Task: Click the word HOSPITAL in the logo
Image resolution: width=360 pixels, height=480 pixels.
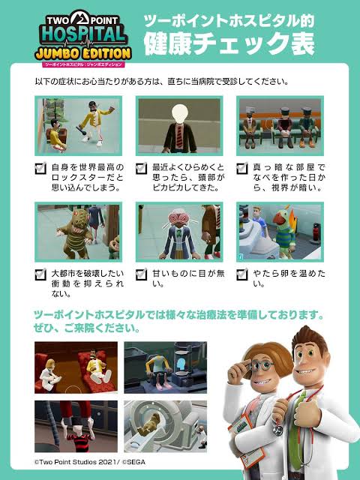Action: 83,36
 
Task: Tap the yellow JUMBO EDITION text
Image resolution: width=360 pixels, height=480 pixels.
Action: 83,54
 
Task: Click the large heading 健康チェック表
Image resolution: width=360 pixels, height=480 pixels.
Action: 229,43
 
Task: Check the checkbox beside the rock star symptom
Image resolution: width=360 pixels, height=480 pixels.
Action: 40,168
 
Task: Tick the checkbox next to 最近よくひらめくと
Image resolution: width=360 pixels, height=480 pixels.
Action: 142,168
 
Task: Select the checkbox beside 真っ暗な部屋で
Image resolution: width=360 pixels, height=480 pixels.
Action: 242,168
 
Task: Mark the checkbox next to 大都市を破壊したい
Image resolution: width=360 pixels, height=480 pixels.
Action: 40,274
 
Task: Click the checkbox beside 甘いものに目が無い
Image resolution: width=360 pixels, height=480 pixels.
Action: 142,274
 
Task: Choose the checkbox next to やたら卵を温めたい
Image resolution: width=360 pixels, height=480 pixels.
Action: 242,274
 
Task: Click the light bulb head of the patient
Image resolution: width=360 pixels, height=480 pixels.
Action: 179,113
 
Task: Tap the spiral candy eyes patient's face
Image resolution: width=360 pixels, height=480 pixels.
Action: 178,220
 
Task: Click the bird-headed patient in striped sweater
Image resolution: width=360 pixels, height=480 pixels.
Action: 283,232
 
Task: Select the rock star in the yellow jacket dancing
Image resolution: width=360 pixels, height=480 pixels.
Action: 95,122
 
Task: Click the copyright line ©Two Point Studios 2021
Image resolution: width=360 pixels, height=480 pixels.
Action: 90,462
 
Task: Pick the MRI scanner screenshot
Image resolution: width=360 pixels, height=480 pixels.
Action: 165,427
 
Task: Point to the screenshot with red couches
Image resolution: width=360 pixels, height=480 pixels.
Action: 76,367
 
